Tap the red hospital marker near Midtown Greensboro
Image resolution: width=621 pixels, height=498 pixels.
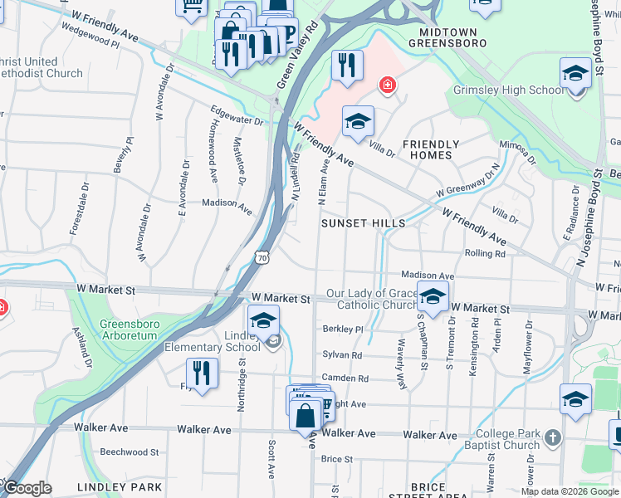[386, 84]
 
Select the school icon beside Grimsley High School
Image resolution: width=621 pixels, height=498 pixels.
[575, 74]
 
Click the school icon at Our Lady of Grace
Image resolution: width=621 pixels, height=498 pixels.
[433, 296]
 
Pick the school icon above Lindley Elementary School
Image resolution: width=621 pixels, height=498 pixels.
[262, 320]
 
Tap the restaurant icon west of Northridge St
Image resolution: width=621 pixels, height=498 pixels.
[201, 373]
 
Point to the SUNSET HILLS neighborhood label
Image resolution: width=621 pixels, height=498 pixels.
[364, 223]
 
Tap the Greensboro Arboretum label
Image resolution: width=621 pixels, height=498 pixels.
[128, 330]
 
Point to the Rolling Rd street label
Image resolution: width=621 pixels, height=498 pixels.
[485, 254]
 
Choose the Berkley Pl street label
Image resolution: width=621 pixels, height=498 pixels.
[343, 330]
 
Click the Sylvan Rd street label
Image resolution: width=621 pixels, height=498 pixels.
[342, 354]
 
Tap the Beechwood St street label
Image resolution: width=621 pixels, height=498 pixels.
[129, 452]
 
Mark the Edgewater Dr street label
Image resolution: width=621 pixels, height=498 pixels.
[236, 120]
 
